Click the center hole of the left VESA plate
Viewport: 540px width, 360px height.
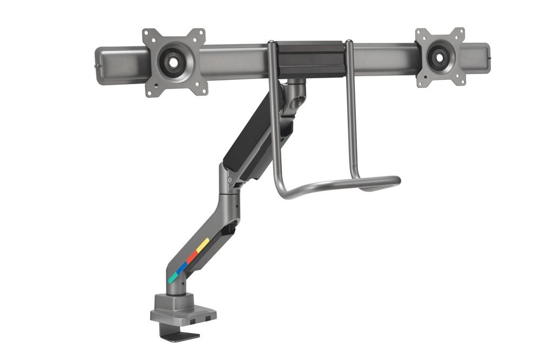point(173,62)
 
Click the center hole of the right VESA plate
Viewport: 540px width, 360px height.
point(440,56)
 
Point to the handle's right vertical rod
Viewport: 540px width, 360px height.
point(352,108)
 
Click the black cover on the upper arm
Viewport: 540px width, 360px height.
point(251,135)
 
